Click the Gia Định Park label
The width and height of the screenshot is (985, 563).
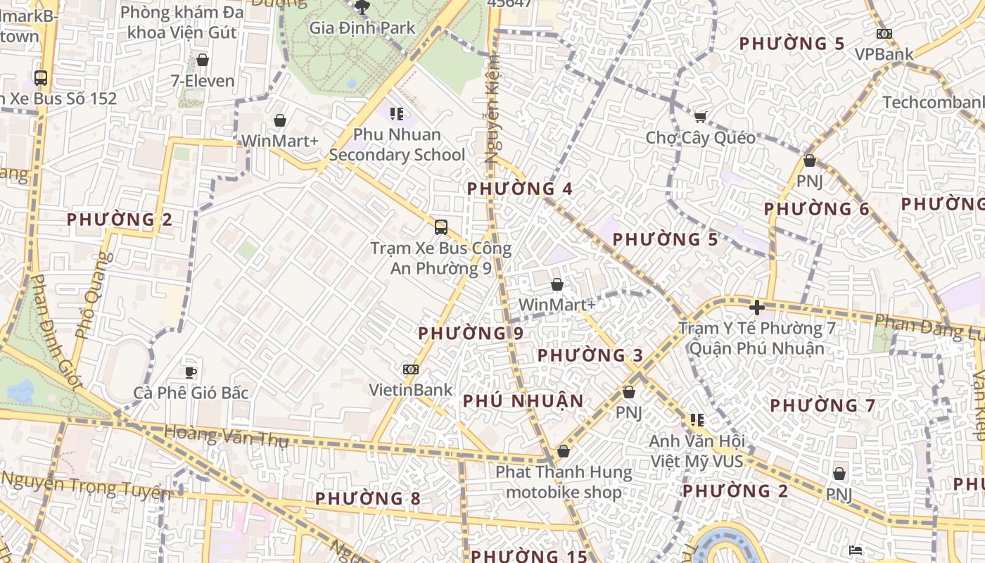pyautogui.click(x=362, y=28)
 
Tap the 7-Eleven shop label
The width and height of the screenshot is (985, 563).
pyautogui.click(x=203, y=81)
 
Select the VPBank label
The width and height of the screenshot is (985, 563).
pyautogui.click(x=884, y=54)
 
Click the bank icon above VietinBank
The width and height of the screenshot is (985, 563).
pyautogui.click(x=411, y=369)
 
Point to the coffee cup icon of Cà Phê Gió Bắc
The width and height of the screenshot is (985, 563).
pyautogui.click(x=190, y=372)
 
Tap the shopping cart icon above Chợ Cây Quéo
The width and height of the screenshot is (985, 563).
pyautogui.click(x=700, y=117)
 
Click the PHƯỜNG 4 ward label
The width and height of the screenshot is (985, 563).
pyautogui.click(x=520, y=189)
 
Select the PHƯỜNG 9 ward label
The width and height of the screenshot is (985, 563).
pyautogui.click(x=471, y=334)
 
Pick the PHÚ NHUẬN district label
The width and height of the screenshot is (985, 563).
pyautogui.click(x=523, y=401)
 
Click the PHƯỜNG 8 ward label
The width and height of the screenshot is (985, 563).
pyautogui.click(x=367, y=499)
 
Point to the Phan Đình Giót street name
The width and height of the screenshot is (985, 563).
pyautogui.click(x=56, y=331)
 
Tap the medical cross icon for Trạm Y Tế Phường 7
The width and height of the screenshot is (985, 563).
pyautogui.click(x=757, y=308)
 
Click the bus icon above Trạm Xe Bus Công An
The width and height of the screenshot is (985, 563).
pyautogui.click(x=441, y=227)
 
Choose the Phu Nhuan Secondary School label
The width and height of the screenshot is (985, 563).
pyautogui.click(x=397, y=144)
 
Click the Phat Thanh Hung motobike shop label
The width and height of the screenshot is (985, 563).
pyautogui.click(x=564, y=481)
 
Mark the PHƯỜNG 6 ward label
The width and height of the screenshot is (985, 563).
pyautogui.click(x=817, y=209)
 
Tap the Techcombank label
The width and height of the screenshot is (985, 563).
pyautogui.click(x=933, y=103)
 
